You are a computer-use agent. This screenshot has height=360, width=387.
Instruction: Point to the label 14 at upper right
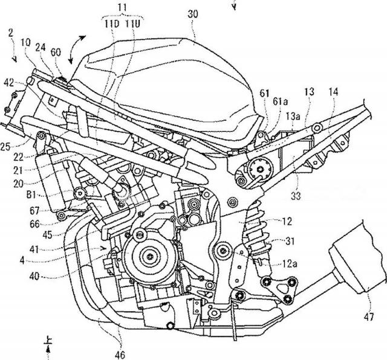coord(333,92)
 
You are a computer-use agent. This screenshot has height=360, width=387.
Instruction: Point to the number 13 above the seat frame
coord(309,92)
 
